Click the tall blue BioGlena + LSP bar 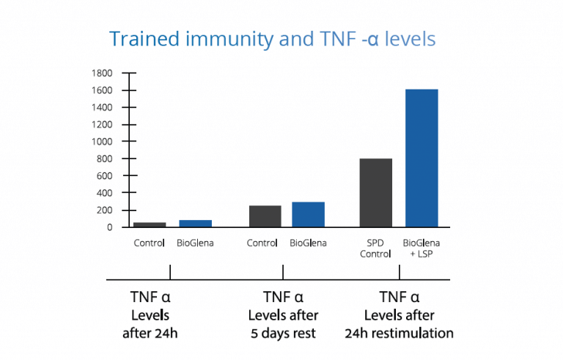[x=422, y=158]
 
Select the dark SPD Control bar [x=376, y=192]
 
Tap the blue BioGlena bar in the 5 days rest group [x=308, y=214]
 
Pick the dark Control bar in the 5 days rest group [x=265, y=216]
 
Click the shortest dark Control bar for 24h [x=150, y=224]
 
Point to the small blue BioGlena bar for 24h [x=195, y=224]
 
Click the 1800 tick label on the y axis [x=101, y=73]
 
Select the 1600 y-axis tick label [x=101, y=90]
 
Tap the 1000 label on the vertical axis [x=101, y=142]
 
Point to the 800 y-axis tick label [x=103, y=158]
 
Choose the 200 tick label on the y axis [x=103, y=210]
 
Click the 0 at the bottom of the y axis [x=109, y=227]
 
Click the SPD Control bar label [x=376, y=249]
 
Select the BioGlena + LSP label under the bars [x=422, y=249]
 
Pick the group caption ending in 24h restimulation [x=399, y=315]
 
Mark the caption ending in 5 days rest [x=282, y=315]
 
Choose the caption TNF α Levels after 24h [x=150, y=315]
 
